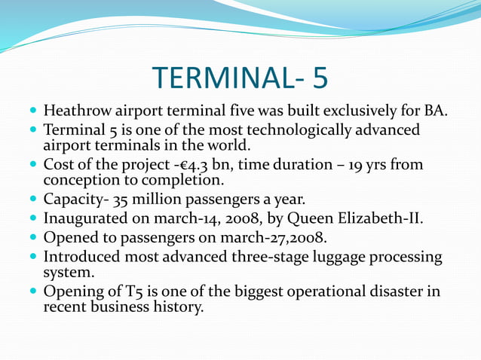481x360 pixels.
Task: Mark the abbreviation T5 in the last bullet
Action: [124, 291]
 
